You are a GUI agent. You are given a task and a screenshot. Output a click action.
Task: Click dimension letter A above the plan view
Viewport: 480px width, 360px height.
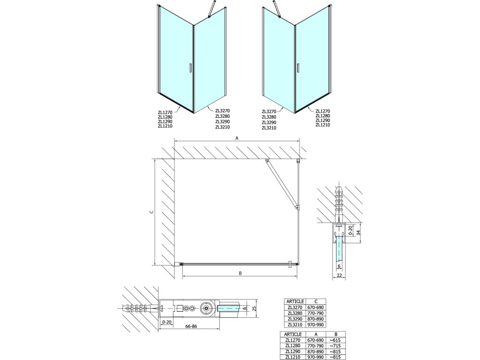click(x=237, y=138)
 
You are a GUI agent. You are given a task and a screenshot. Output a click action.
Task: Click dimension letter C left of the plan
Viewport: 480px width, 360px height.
click(x=151, y=212)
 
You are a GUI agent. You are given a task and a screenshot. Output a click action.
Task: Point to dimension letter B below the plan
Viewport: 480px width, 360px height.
click(x=240, y=273)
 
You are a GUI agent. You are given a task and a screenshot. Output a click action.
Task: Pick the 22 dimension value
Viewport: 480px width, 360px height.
click(x=339, y=276)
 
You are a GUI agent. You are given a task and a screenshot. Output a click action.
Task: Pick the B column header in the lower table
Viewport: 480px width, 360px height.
click(x=330, y=334)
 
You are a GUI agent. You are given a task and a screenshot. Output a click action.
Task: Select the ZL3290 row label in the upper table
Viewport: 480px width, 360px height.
click(x=295, y=319)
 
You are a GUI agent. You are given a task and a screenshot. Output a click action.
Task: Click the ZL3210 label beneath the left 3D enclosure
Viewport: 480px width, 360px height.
click(x=222, y=127)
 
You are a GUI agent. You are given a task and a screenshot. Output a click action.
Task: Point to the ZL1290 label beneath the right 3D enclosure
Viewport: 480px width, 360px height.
click(x=322, y=120)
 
